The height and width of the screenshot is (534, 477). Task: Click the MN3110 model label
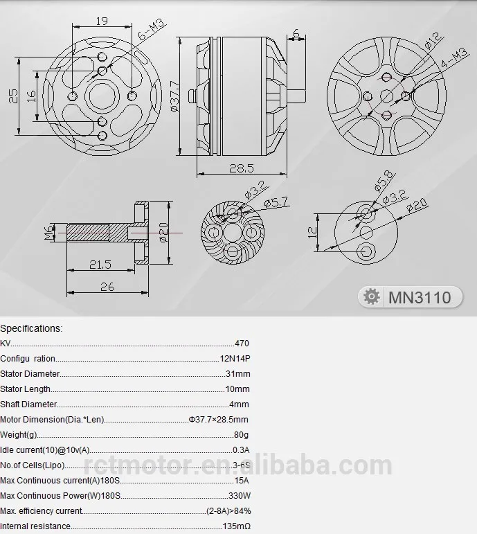pos(420,298)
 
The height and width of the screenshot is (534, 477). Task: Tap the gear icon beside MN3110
pos(372,297)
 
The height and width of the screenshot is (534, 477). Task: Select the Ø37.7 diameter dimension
pos(173,97)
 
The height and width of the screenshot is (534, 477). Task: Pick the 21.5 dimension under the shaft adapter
pos(100,265)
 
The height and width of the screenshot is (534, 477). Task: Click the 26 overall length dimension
pos(107,286)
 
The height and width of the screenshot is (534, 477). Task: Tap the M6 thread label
pos(49,233)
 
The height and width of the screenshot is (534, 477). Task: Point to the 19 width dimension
pos(102,20)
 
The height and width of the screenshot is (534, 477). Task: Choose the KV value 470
pos(242,344)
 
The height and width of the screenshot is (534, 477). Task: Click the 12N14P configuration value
pos(234,359)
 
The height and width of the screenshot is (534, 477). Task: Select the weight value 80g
pos(241,435)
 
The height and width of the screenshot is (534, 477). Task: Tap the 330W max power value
pos(240,496)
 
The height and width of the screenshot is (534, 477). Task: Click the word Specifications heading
pos(30,328)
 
